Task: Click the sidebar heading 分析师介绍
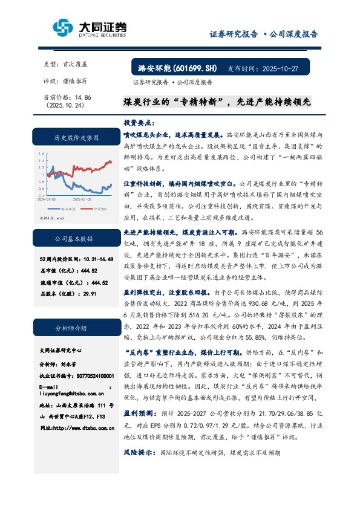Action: point(74,329)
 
